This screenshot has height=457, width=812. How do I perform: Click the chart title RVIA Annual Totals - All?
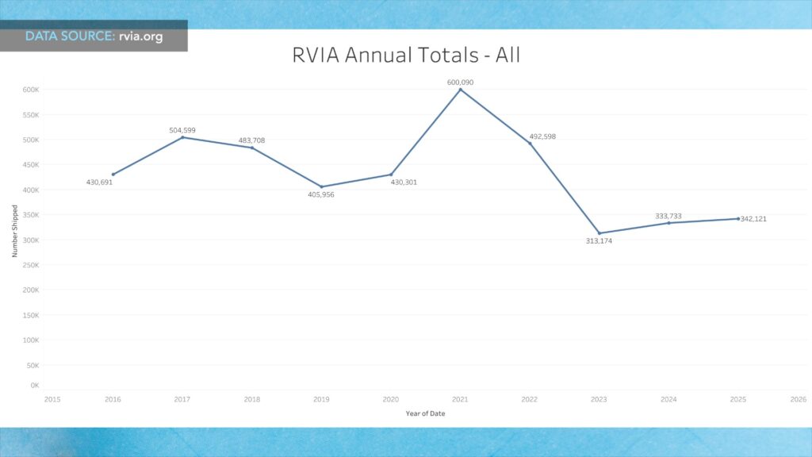406,56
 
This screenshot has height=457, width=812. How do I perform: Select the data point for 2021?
460,90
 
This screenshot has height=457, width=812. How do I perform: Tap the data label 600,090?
460,82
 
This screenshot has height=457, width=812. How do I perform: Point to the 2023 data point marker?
599,233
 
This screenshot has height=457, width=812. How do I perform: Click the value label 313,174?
599,241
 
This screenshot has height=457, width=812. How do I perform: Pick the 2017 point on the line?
182,137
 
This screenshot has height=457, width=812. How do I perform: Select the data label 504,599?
182,130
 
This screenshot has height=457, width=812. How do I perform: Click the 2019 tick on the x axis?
321,399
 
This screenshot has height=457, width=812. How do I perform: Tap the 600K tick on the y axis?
31,90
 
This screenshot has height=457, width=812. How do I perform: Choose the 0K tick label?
35,386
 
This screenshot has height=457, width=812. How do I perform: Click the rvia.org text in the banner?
141,36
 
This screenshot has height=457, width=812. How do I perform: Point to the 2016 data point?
113,175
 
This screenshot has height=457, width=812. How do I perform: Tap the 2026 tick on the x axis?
799,399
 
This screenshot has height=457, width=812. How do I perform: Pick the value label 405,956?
321,194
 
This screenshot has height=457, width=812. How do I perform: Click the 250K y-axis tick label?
31,265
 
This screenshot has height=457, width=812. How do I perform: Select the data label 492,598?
543,136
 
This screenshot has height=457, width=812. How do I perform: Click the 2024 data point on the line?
668,223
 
